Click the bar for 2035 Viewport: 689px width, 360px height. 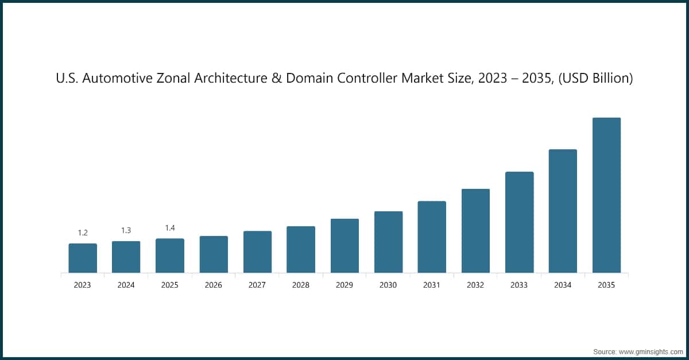(606, 195)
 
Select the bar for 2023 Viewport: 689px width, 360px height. (83, 258)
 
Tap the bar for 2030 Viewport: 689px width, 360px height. (388, 242)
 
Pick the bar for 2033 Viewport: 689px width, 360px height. (519, 222)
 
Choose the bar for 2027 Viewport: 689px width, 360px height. (257, 251)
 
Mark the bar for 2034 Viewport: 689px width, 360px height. (563, 211)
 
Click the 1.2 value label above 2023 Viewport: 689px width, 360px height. (83, 233)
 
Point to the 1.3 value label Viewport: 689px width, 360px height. (126, 230)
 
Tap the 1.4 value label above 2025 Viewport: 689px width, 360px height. (170, 228)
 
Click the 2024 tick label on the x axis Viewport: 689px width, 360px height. (126, 285)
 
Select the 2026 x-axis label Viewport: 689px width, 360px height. (214, 285)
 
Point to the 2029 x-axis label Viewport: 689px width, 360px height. (344, 285)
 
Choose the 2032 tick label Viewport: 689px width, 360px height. (475, 285)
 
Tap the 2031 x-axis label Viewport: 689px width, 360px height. (432, 285)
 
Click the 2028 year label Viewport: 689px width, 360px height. (301, 285)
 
